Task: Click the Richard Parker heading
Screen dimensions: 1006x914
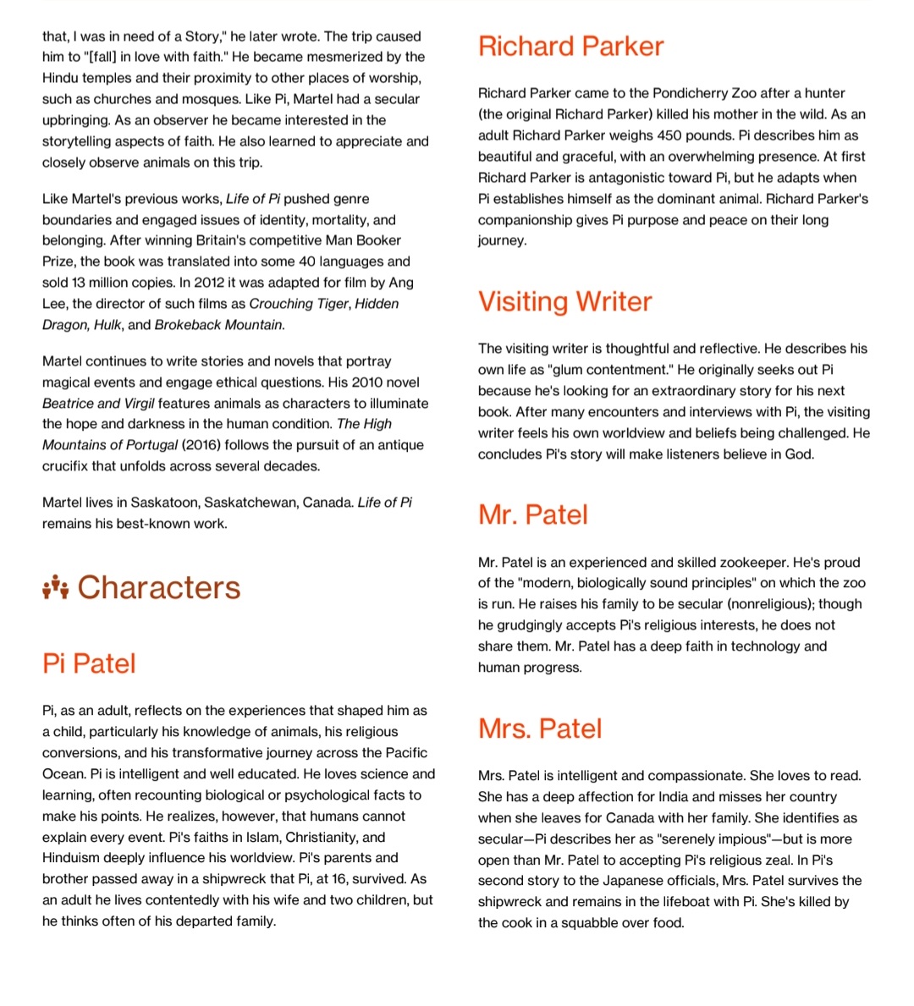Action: (570, 46)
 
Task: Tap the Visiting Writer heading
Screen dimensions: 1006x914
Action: (564, 301)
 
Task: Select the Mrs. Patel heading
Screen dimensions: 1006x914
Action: (540, 728)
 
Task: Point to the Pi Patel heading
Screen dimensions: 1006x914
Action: (89, 663)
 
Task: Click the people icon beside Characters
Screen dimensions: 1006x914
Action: (55, 586)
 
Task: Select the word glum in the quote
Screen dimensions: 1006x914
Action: (570, 370)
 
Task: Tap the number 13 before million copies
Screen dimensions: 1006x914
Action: (78, 283)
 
